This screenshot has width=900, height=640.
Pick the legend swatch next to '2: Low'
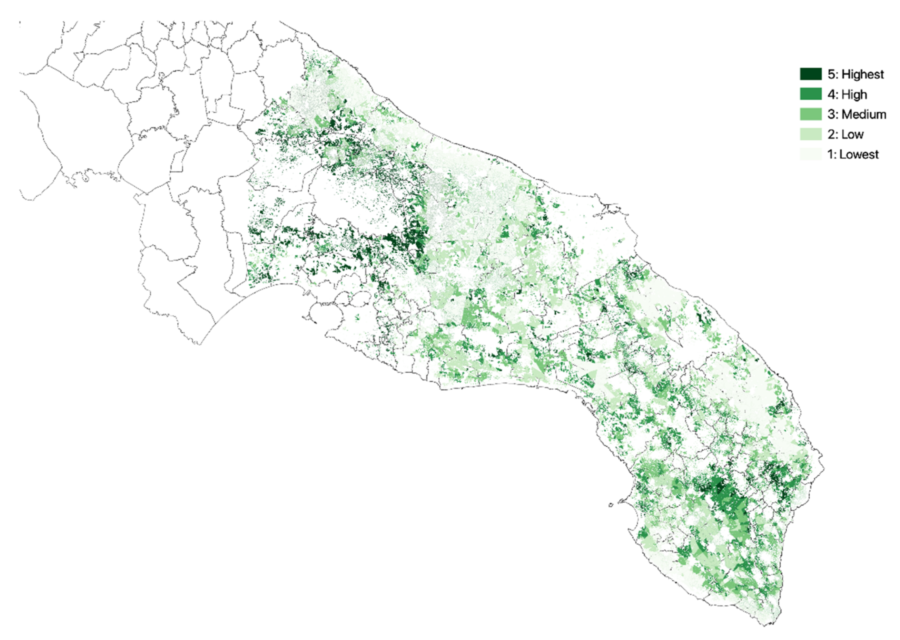[810, 134]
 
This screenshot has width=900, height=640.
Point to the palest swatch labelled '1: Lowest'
[810, 154]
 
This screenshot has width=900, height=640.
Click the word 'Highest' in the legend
[862, 74]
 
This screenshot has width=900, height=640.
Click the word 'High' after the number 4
[854, 94]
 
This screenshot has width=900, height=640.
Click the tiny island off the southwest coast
[611, 505]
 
